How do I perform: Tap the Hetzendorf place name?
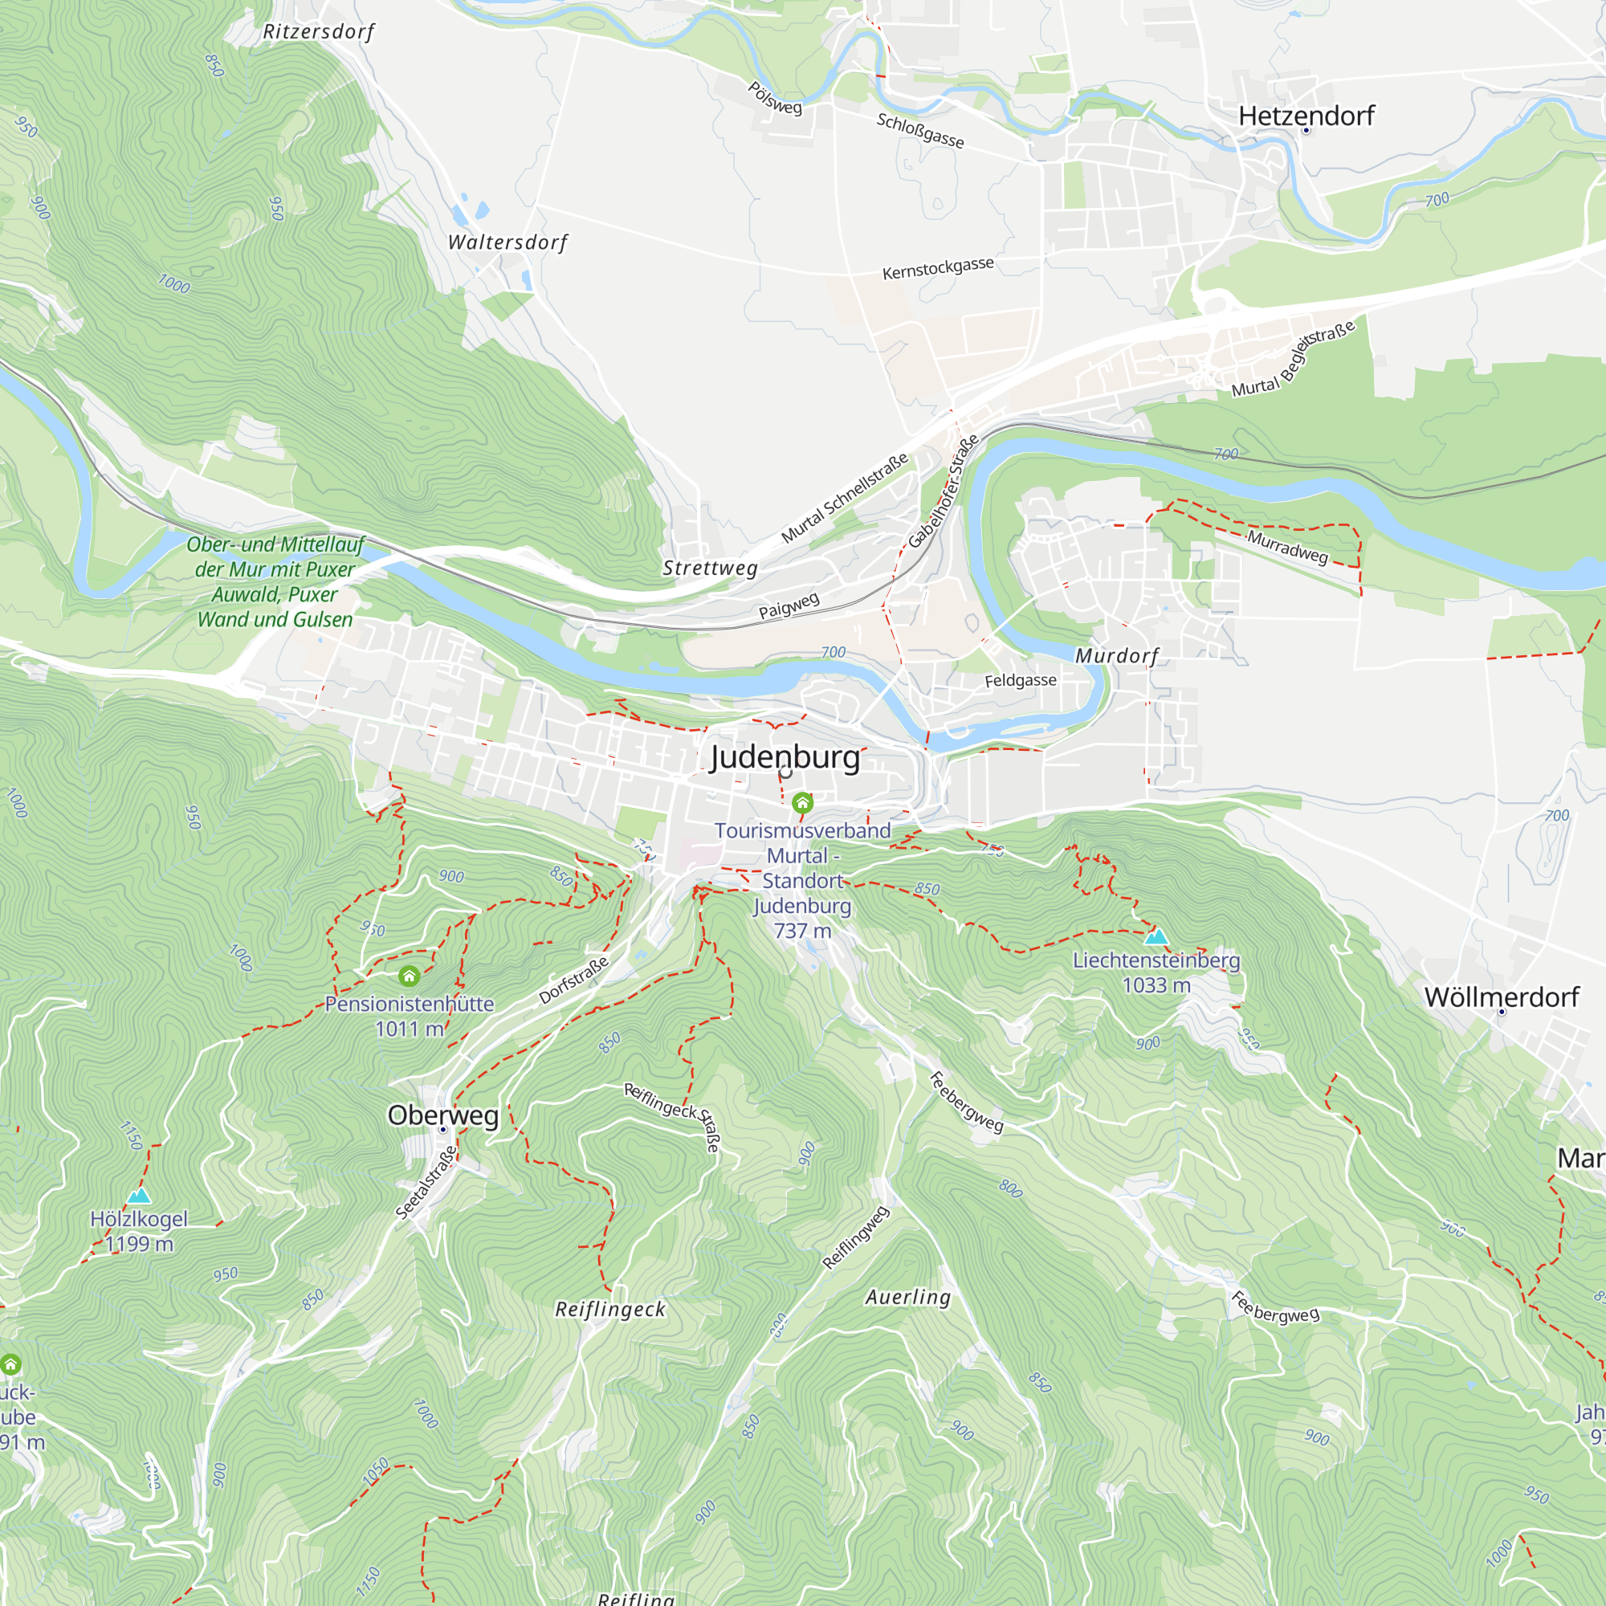pos(1306,116)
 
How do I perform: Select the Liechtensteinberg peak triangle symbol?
pos(1156,938)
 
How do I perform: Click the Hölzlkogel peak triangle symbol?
pos(139,1196)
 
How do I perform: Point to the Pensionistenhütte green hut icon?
pos(408,976)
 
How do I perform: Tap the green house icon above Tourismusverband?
pos(802,803)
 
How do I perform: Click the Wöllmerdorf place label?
pos(1502,997)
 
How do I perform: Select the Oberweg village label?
pos(443,1115)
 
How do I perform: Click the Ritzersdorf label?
pos(318,32)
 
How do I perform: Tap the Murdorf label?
pos(1116,656)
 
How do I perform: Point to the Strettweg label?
pos(710,569)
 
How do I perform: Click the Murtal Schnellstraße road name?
pos(845,499)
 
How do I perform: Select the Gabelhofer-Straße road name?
pos(944,492)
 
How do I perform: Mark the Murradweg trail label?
pos(1286,547)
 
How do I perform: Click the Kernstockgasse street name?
pos(938,268)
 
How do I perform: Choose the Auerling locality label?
pos(907,1297)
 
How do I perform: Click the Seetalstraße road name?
pos(426,1183)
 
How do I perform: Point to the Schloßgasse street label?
pos(920,132)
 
